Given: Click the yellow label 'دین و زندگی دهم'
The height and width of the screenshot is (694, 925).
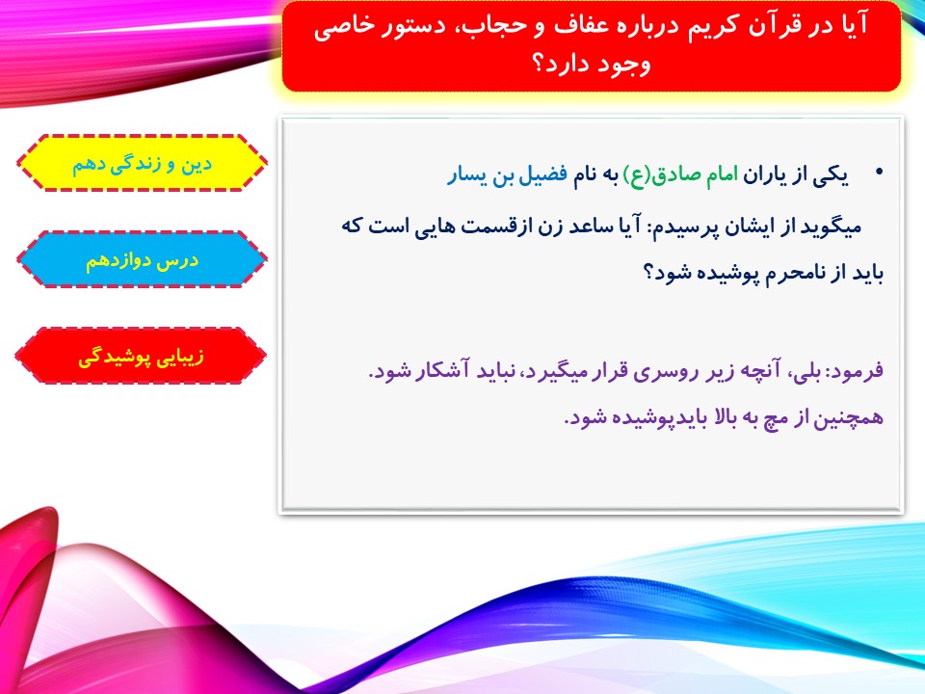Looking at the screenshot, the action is tap(142, 164).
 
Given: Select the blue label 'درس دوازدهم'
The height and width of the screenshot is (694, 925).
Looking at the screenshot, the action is tap(142, 260).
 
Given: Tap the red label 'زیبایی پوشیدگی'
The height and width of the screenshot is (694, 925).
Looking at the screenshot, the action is tap(141, 357).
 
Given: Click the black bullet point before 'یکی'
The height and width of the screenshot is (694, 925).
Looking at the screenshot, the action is tap(880, 173).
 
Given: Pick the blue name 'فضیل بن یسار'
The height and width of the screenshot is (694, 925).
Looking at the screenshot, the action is tap(508, 175).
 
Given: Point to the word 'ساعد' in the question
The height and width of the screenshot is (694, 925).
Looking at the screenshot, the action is tap(587, 226).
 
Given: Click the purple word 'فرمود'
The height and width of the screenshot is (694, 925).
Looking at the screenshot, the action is tap(857, 370).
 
